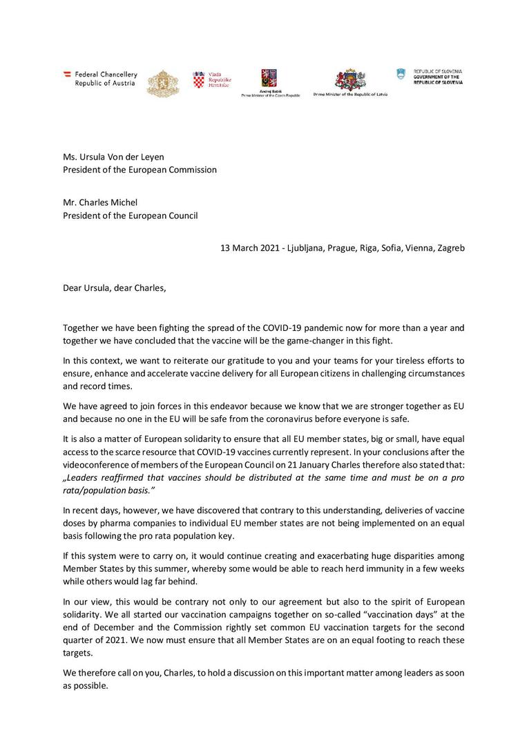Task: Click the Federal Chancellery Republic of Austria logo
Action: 100,79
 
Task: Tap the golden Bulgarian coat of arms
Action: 162,83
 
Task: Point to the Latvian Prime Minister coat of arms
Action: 350,79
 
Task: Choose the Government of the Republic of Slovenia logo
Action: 430,76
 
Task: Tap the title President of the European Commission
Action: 140,169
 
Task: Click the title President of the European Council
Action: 130,215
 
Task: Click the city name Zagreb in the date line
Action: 450,247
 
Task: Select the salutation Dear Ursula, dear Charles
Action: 115,287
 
